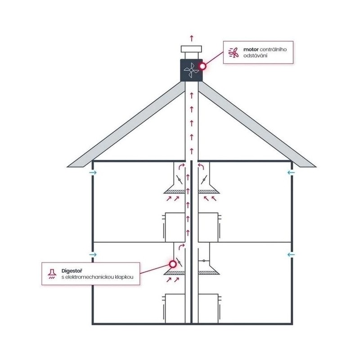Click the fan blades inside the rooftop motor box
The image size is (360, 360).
coord(191,70)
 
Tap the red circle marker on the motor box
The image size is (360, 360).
coord(202,66)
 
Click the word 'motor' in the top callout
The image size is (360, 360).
coord(251,49)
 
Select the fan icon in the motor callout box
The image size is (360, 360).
coord(233,53)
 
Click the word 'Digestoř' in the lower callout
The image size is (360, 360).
coord(72,271)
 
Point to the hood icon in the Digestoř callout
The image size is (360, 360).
coord(52,274)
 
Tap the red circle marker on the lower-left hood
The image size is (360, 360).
coord(172,264)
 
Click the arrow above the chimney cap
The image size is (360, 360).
coord(192,38)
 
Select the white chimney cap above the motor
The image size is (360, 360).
coord(191,49)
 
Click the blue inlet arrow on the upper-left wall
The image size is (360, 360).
coord(93,172)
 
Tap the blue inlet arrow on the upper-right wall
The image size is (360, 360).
coord(291,172)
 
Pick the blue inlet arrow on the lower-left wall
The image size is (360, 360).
coord(93,254)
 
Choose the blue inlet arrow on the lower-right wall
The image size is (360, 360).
coord(291,254)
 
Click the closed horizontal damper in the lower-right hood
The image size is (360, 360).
coord(204,261)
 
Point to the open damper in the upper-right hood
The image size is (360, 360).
coord(204,180)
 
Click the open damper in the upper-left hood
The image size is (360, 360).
coord(179,180)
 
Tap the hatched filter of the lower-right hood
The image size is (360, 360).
coord(207,273)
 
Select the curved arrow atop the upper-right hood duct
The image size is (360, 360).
coord(201,166)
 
